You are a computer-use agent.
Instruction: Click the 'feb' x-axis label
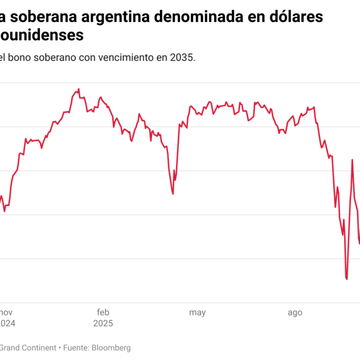tap(103, 313)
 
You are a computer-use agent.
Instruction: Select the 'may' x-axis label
tap(197, 313)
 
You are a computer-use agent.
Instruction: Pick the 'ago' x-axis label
tap(295, 313)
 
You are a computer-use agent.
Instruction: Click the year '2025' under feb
tap(103, 323)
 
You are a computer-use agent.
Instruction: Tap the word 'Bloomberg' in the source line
tap(111, 347)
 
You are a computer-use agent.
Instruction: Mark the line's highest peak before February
tap(78, 89)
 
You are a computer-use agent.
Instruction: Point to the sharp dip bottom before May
tap(173, 194)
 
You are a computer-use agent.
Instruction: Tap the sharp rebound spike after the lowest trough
tap(352, 160)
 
